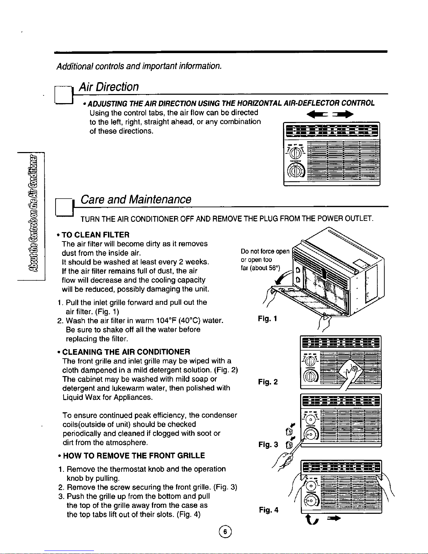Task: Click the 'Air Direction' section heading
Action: coord(109,87)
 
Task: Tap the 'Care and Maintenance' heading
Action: coord(136,199)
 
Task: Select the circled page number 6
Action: coord(225,532)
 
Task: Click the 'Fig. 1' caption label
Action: coord(267,319)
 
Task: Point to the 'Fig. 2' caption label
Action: coord(268,382)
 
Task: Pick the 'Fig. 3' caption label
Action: coord(268,445)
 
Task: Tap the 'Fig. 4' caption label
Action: coord(269,510)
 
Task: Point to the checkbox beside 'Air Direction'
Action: coord(64,95)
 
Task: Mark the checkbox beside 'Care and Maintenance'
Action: coord(64,207)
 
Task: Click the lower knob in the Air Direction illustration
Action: coord(296,170)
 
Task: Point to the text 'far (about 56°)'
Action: coord(260,268)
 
